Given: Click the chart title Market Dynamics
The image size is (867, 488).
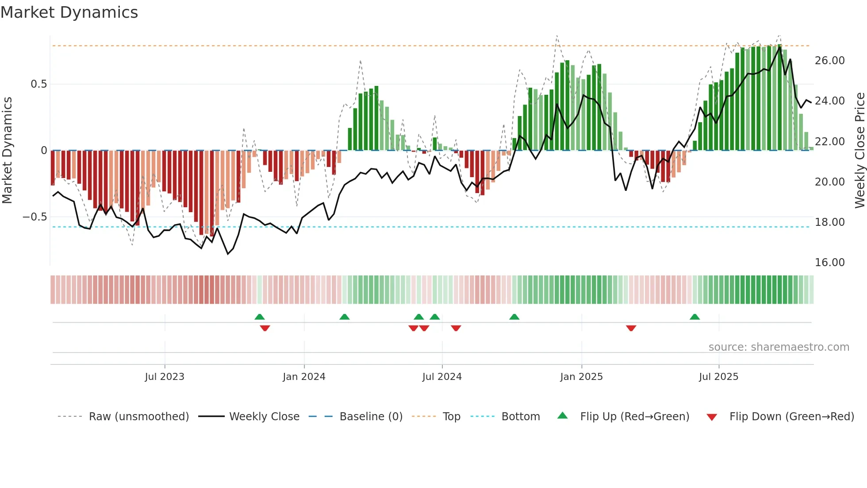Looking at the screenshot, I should pyautogui.click(x=69, y=12).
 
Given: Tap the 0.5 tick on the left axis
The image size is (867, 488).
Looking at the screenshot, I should pyautogui.click(x=38, y=84).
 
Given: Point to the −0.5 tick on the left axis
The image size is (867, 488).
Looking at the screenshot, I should pyautogui.click(x=35, y=217).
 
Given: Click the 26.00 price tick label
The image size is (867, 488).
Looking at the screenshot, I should pyautogui.click(x=829, y=61).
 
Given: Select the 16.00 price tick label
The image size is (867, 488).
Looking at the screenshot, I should pyautogui.click(x=829, y=263).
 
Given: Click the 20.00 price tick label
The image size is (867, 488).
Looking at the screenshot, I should pyautogui.click(x=829, y=182).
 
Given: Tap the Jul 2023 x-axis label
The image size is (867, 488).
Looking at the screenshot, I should pyautogui.click(x=165, y=377).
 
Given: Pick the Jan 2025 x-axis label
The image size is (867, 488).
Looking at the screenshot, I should pyautogui.click(x=581, y=377).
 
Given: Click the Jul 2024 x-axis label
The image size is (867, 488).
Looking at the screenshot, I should pyautogui.click(x=442, y=377).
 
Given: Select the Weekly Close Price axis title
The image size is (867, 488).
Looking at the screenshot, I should pyautogui.click(x=859, y=150).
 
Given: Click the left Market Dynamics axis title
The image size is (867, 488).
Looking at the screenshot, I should pyautogui.click(x=7, y=150).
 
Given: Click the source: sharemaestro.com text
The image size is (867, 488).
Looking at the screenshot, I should pyautogui.click(x=779, y=347).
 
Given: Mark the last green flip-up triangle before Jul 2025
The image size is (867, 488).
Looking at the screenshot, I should pyautogui.click(x=694, y=317).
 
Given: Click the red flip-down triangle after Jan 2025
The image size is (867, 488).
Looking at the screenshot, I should pyautogui.click(x=631, y=328).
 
